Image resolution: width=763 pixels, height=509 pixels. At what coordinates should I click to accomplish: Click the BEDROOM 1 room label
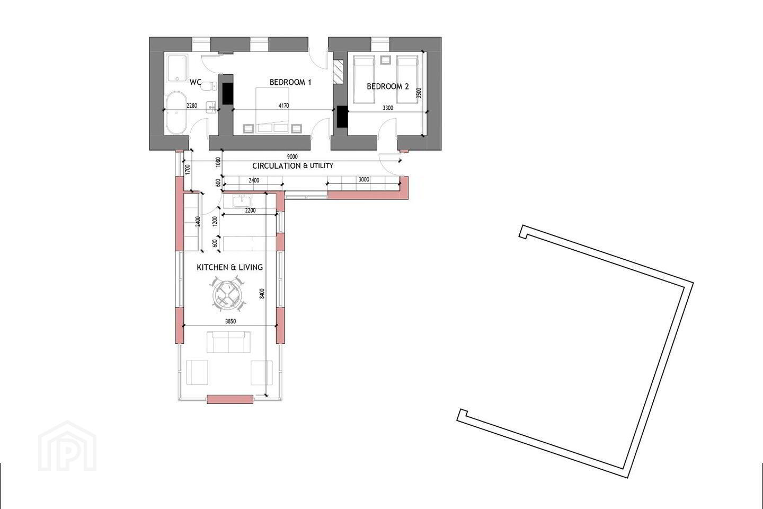pyautogui.click(x=290, y=82)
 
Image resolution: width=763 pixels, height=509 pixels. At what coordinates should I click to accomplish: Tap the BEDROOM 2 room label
pyautogui.click(x=388, y=86)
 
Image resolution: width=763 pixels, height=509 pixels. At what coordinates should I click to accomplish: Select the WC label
pyautogui.click(x=196, y=82)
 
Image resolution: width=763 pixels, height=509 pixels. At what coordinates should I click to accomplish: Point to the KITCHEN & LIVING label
pyautogui.click(x=230, y=267)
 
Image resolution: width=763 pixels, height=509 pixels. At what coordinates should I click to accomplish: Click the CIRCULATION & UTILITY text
pyautogui.click(x=292, y=165)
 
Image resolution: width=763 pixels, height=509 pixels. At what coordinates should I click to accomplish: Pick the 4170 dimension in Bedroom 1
pyautogui.click(x=283, y=106)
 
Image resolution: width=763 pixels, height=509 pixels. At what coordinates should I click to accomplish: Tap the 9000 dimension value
pyautogui.click(x=292, y=157)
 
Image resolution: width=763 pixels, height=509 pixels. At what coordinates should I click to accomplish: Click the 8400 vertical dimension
pyautogui.click(x=262, y=294)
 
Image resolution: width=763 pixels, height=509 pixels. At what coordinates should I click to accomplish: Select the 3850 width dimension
pyautogui.click(x=230, y=321)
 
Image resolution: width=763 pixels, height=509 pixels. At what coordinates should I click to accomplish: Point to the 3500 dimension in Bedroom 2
pyautogui.click(x=419, y=93)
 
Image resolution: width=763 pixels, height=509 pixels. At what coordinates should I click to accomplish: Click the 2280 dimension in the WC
pyautogui.click(x=192, y=106)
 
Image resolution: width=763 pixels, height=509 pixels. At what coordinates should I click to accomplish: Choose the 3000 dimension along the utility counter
pyautogui.click(x=364, y=180)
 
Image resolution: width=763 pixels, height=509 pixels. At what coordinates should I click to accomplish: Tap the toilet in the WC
pyautogui.click(x=208, y=86)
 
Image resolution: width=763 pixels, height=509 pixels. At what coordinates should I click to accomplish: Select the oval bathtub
pyautogui.click(x=176, y=113)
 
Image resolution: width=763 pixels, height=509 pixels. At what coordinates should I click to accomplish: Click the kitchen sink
pyautogui.click(x=242, y=201)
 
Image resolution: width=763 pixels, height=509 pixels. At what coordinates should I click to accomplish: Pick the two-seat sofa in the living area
pyautogui.click(x=228, y=342)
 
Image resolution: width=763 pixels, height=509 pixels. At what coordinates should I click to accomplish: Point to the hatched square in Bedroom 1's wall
pyautogui.click(x=339, y=72)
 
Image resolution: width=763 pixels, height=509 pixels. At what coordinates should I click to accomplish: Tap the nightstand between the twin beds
pyautogui.click(x=386, y=60)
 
